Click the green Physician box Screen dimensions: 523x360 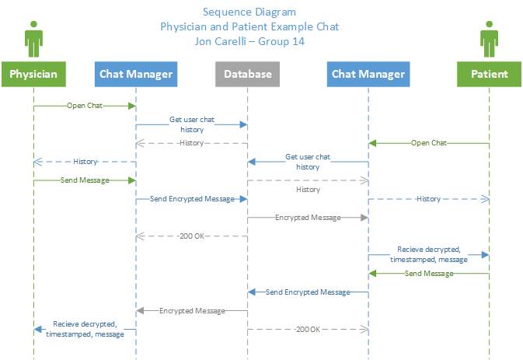33,74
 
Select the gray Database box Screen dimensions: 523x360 247,74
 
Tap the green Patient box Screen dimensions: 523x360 489,74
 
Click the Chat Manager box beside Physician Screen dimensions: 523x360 136,74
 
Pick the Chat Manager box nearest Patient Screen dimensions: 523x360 368,74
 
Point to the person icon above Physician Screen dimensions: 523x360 33,39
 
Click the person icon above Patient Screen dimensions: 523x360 489,39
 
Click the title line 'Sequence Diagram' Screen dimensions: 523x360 249,12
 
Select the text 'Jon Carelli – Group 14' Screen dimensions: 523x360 249,41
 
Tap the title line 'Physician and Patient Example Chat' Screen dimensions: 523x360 249,26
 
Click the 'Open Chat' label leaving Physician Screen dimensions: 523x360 85,106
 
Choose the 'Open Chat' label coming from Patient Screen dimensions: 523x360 429,143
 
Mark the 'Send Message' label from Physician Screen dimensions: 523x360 85,180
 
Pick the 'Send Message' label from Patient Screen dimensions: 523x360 429,274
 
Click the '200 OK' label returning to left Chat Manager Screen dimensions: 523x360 192,236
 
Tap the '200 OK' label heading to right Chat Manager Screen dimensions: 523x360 308,330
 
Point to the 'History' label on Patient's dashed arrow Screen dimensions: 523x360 429,199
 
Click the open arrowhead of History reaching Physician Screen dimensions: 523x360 38,163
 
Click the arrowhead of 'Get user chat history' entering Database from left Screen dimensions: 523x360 244,124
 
